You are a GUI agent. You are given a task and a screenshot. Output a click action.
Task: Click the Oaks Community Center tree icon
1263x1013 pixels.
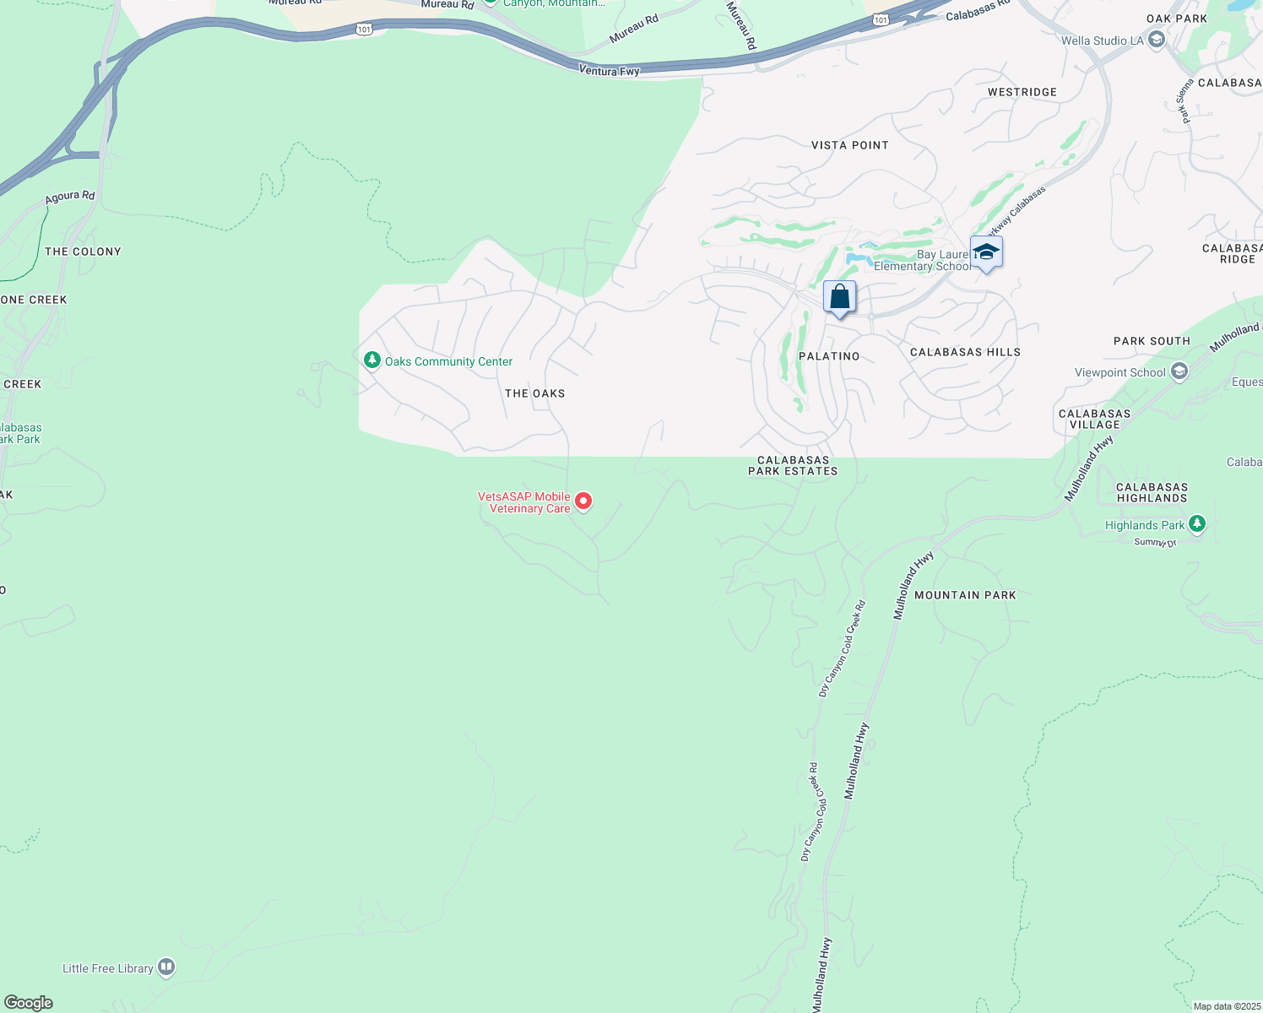(371, 360)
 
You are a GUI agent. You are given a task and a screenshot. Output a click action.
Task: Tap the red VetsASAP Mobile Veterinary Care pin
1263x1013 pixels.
(583, 501)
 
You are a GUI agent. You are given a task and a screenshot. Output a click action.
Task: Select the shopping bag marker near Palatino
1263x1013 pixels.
(839, 298)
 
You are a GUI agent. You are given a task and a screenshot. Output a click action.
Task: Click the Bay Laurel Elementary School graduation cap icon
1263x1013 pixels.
(986, 252)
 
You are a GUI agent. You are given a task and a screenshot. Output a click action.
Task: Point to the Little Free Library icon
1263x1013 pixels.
(166, 967)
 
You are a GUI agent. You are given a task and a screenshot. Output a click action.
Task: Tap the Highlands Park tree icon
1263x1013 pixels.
(1196, 524)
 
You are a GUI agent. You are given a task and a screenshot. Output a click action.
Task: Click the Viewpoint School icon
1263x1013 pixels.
(1179, 371)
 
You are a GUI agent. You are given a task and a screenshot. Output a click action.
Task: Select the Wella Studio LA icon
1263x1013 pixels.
(1157, 40)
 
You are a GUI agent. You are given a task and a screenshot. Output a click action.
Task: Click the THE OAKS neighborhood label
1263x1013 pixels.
(534, 393)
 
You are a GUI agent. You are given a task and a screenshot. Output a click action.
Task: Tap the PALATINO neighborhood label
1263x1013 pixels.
(829, 356)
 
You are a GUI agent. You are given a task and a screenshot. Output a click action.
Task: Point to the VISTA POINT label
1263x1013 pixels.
(849, 145)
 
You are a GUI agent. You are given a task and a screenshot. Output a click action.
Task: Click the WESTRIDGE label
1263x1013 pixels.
(1022, 92)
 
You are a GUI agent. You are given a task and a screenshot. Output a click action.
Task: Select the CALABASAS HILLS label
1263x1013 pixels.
(965, 352)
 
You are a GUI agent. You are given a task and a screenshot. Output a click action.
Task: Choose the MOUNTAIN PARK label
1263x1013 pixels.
(965, 595)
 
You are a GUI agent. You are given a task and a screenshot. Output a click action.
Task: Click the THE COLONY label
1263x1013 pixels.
(83, 252)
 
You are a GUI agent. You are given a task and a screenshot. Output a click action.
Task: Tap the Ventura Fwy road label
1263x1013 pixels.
(609, 71)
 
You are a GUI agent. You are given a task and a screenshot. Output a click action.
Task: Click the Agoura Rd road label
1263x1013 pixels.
(69, 197)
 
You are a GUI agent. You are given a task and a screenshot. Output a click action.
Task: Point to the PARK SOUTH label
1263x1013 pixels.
(1152, 341)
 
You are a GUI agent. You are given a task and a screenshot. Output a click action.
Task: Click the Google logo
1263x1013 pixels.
(29, 1003)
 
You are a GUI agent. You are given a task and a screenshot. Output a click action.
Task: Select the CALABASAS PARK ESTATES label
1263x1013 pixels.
(793, 466)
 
